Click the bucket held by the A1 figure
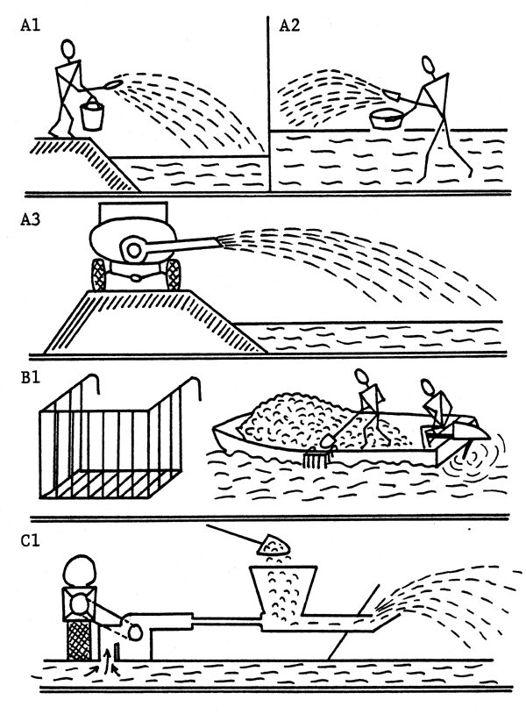pyautogui.click(x=91, y=114)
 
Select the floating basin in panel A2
pyautogui.click(x=392, y=118)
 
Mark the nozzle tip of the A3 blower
pyautogui.click(x=227, y=238)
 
